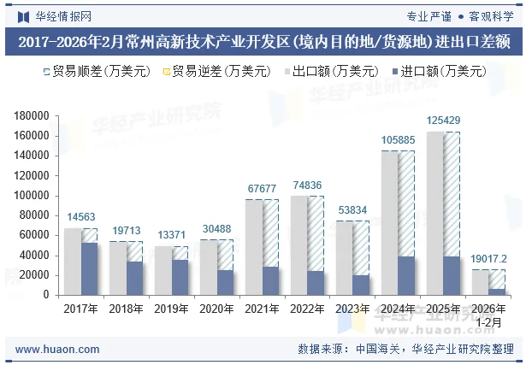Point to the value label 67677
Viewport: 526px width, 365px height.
262,188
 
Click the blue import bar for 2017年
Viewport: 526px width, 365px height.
90,268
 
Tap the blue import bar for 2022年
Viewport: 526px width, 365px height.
316,283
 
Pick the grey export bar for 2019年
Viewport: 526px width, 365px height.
163,270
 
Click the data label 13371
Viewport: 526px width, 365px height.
171,235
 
